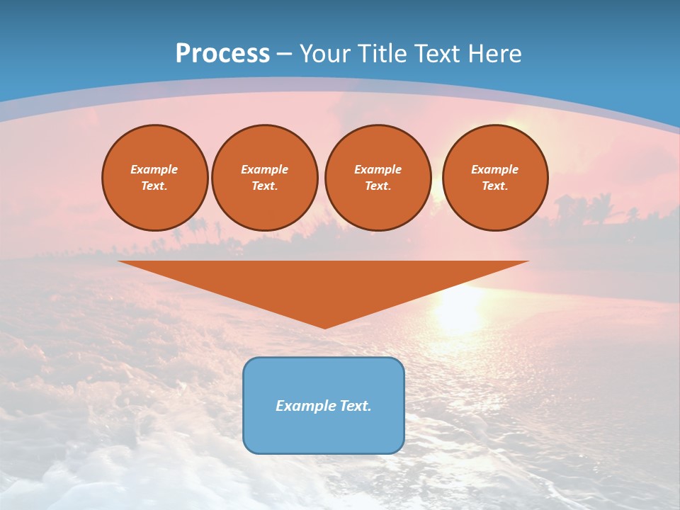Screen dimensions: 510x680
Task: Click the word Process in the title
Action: (222, 54)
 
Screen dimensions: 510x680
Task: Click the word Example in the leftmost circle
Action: (154, 169)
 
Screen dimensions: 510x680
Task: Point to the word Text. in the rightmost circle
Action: (494, 186)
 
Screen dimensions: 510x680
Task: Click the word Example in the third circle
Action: (378, 169)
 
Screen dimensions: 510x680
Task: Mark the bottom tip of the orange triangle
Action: (324, 327)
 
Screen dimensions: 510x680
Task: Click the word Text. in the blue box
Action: (356, 406)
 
